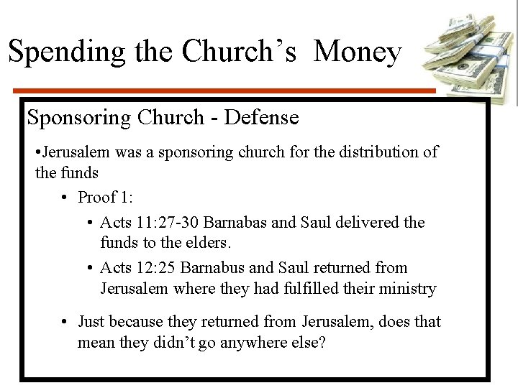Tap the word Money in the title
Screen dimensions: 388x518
358,52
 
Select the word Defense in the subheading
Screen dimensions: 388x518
261,116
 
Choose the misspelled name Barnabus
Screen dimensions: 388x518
214,267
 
